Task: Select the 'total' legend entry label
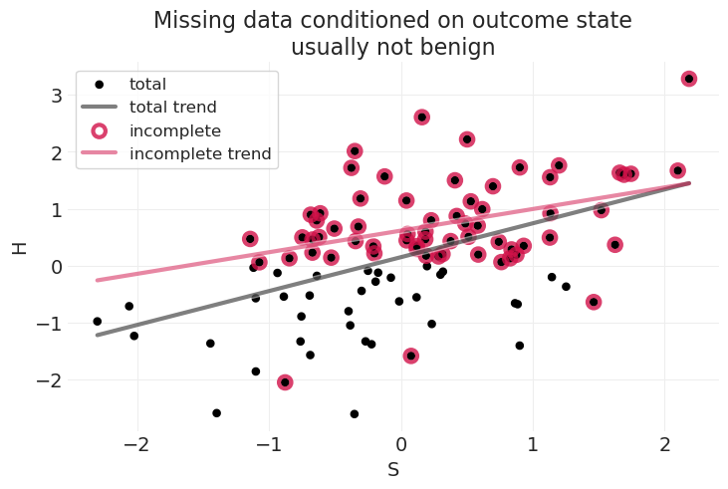click(x=147, y=85)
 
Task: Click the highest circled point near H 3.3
click(x=688, y=79)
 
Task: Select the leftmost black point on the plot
click(x=98, y=322)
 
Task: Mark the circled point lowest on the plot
click(x=285, y=382)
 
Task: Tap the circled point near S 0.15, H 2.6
click(x=421, y=118)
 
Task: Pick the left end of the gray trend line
click(x=97, y=335)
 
